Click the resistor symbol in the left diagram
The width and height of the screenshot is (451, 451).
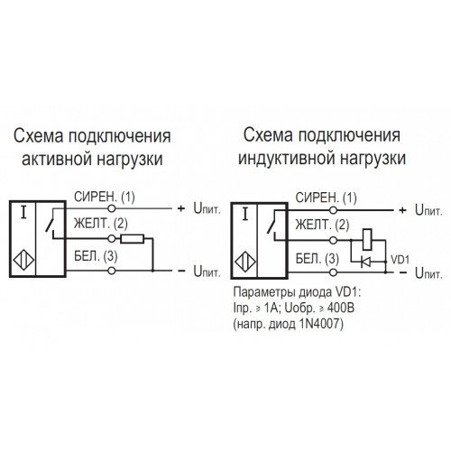pyautogui.click(x=133, y=239)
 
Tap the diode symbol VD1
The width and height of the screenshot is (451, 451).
pyautogui.click(x=365, y=262)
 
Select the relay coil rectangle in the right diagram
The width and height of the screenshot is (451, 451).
pyautogui.click(x=367, y=240)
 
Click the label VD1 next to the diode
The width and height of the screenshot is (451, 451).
pyautogui.click(x=400, y=259)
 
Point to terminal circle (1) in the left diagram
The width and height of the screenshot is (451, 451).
pyautogui.click(x=112, y=208)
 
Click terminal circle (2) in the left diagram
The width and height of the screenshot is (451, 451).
pyautogui.click(x=112, y=239)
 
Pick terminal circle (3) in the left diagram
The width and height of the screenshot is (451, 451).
pyautogui.click(x=112, y=271)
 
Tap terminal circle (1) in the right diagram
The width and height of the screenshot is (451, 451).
pyautogui.click(x=333, y=210)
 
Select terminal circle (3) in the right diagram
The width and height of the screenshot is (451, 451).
pyautogui.click(x=333, y=272)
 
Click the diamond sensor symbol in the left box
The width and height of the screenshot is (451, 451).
pyautogui.click(x=23, y=260)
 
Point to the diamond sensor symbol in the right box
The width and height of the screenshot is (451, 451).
pyautogui.click(x=245, y=262)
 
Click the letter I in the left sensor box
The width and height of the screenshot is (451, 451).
pyautogui.click(x=23, y=212)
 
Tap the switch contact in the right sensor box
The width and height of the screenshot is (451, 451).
pyautogui.click(x=272, y=224)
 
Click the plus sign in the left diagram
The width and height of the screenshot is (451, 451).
pyautogui.click(x=180, y=208)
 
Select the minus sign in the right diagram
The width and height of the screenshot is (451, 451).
pyautogui.click(x=402, y=272)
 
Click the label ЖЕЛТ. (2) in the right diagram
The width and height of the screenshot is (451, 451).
pyautogui.click(x=322, y=225)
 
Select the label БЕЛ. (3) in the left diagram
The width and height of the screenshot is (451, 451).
pyautogui.click(x=96, y=256)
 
